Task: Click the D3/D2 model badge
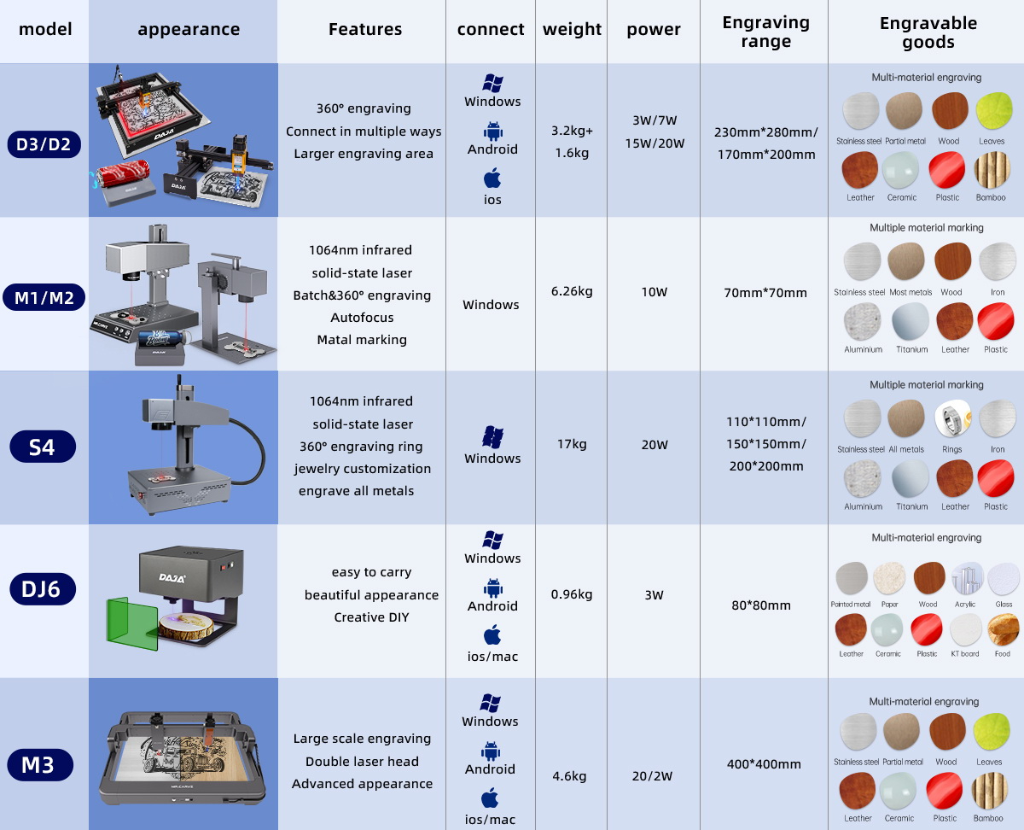(x=48, y=144)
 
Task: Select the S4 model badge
(x=42, y=446)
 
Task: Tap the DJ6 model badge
(x=42, y=589)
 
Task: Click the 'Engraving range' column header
(x=765, y=32)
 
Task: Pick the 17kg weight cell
(x=571, y=444)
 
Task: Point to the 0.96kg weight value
(x=572, y=594)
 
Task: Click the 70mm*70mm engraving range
(x=765, y=293)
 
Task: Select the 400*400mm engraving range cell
(x=765, y=764)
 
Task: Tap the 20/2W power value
(x=654, y=776)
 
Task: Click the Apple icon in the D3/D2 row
(x=492, y=179)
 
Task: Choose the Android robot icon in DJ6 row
(x=492, y=587)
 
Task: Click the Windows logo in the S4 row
(x=492, y=436)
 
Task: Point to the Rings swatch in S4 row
(x=952, y=418)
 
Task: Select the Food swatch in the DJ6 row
(x=1003, y=630)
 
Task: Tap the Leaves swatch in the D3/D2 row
(x=992, y=112)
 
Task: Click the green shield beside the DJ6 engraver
(x=132, y=622)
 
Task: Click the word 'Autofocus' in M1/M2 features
(x=362, y=318)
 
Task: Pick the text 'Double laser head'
(x=362, y=762)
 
